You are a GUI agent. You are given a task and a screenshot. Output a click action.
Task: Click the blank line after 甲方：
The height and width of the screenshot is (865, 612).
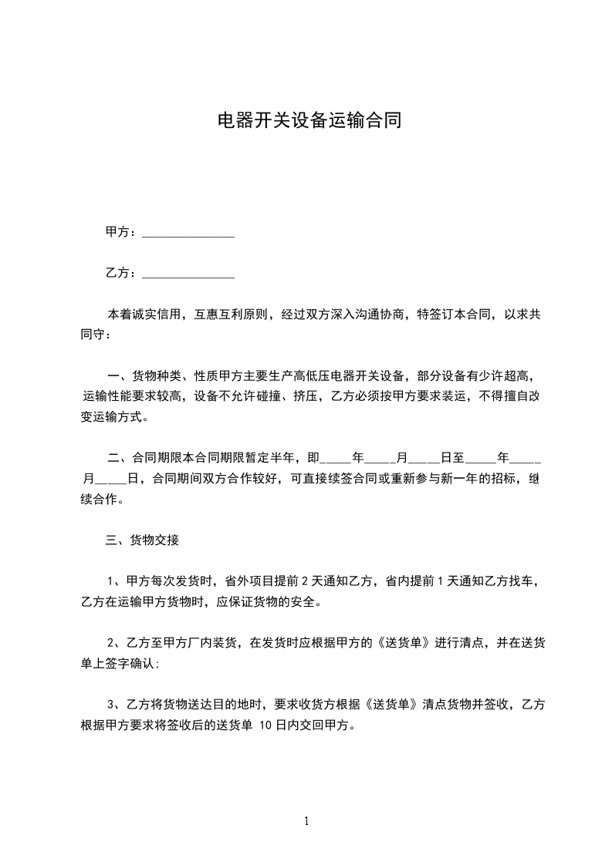click(188, 233)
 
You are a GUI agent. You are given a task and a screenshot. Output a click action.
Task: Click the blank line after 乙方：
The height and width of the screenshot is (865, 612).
click(188, 274)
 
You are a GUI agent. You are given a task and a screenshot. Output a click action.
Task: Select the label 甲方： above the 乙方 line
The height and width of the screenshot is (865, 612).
click(122, 232)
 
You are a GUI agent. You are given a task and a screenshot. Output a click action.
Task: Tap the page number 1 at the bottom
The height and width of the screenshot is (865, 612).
click(306, 821)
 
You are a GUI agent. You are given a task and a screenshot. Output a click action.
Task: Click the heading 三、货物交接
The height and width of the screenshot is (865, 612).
click(142, 540)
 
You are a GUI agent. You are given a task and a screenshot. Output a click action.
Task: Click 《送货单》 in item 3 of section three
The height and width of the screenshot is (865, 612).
click(393, 705)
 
